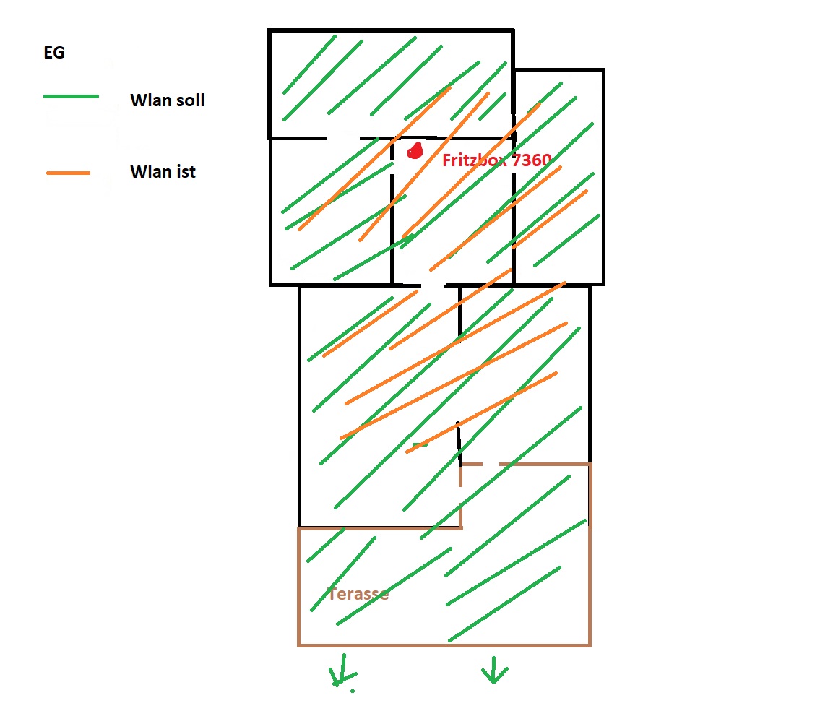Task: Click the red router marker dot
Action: click(415, 151)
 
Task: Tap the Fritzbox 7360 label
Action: click(497, 160)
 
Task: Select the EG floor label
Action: click(54, 53)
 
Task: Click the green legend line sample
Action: click(71, 97)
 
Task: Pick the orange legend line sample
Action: click(68, 173)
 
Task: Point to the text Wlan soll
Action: click(167, 100)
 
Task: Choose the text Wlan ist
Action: click(163, 173)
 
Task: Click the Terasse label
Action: click(358, 594)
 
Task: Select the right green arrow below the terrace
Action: click(494, 671)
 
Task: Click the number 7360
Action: click(532, 160)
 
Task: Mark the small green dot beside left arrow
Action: click(353, 691)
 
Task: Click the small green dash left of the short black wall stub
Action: click(420, 445)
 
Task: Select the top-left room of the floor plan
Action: click(391, 83)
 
